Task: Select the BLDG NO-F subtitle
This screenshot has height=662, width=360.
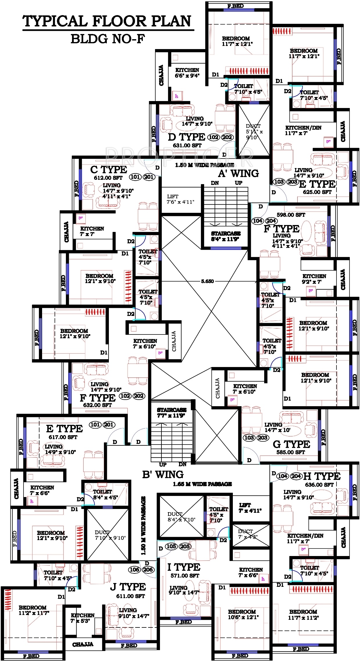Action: pos(107,39)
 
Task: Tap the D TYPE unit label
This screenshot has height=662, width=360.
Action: pos(186,137)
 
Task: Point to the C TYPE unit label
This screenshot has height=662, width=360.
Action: pos(109,169)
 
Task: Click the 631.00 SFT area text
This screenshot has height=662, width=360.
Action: pos(187,145)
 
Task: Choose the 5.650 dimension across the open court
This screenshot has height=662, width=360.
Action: pos(207,281)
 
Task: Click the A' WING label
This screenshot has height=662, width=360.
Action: pos(238,173)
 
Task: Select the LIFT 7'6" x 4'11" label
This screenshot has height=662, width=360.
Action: pos(180,199)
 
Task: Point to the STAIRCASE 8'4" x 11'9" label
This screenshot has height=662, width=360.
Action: pos(226,236)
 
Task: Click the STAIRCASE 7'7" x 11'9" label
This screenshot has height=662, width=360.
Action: pos(172,413)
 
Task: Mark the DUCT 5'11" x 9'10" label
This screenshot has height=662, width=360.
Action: pos(254,132)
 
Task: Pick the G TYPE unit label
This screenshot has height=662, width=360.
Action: pos(291,444)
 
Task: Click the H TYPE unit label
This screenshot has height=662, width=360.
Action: pos(322,476)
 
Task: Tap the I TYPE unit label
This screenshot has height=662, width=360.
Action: pos(184,567)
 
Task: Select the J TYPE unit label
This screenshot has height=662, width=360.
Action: pos(128,587)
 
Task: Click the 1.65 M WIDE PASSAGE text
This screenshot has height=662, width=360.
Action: pos(202,484)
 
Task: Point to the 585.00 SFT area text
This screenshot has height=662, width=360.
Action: pos(291,452)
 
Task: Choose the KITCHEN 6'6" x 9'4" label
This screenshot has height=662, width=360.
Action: pos(187,73)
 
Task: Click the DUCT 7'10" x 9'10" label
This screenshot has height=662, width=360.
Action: pos(110,535)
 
